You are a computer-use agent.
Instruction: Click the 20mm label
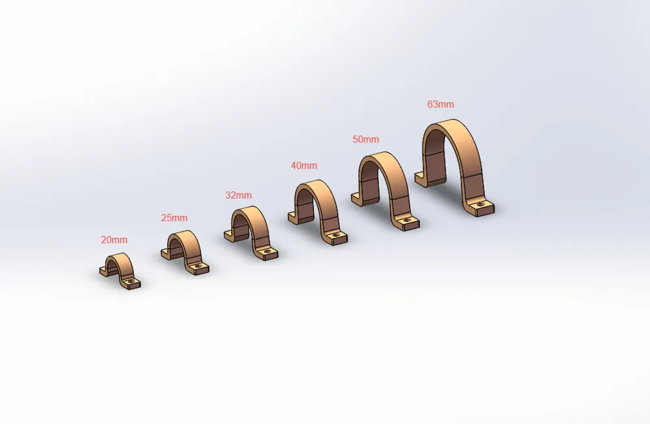(114, 240)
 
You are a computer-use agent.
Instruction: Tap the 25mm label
(174, 218)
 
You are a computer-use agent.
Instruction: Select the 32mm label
(239, 195)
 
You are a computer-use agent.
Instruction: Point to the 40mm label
(304, 166)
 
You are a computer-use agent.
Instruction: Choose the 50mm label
(365, 139)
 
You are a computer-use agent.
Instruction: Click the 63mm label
(441, 104)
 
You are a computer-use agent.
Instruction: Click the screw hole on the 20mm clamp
(132, 282)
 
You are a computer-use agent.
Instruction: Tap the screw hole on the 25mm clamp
(200, 265)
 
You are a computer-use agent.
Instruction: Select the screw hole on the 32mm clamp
(268, 251)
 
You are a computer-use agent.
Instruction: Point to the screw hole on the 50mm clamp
(408, 220)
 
